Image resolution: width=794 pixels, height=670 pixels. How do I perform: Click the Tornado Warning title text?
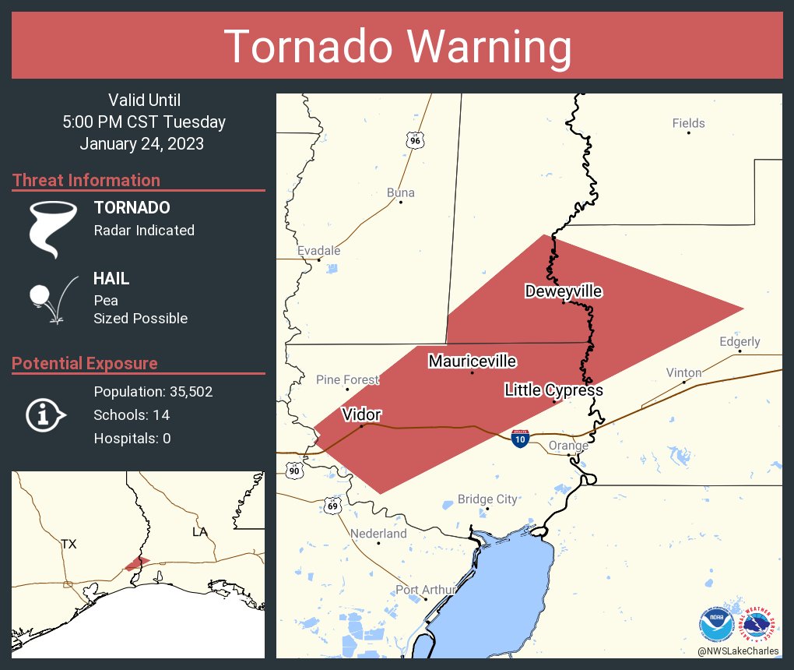coord(398,47)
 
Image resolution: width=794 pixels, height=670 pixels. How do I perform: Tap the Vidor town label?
coord(361,414)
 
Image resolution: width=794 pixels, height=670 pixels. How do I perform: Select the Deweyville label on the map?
coord(563,291)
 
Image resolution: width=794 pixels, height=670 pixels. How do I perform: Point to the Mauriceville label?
coord(472,361)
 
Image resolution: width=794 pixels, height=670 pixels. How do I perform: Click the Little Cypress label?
coord(553,390)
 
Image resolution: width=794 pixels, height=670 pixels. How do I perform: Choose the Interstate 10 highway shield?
coord(521,439)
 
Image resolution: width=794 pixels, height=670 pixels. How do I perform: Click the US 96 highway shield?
coord(415,139)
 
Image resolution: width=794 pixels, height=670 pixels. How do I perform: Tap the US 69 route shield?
coord(333,506)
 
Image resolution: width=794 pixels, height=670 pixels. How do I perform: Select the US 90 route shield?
coord(293,470)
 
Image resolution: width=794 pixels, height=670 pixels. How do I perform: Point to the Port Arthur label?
coord(425,590)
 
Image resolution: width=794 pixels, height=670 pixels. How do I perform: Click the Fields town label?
coord(688,123)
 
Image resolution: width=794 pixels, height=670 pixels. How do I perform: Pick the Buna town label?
coord(400,192)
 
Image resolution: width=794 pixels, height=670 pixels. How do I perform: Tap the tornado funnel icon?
coord(52,228)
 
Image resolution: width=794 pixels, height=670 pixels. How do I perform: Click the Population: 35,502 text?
coord(153,391)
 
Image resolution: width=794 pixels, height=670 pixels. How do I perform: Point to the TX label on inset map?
coord(69,544)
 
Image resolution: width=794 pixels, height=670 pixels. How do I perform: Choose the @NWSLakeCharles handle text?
coord(737,651)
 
